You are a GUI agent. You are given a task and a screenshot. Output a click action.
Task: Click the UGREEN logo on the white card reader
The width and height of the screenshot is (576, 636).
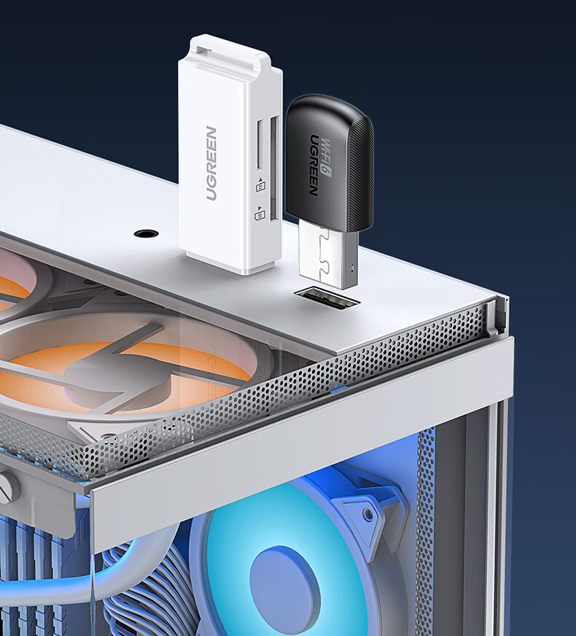211,163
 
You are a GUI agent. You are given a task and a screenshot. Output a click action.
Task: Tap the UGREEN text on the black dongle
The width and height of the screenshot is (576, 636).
314,165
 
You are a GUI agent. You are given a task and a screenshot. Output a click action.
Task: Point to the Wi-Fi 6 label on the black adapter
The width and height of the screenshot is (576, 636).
325,158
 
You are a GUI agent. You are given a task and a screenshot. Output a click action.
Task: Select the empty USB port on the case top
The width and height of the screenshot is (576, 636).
327,298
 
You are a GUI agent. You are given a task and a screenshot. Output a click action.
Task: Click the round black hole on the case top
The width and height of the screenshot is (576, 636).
146,233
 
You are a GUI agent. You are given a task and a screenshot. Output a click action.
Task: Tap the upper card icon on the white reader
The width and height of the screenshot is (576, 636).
260,185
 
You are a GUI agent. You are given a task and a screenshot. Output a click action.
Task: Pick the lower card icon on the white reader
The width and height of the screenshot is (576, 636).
260,214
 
